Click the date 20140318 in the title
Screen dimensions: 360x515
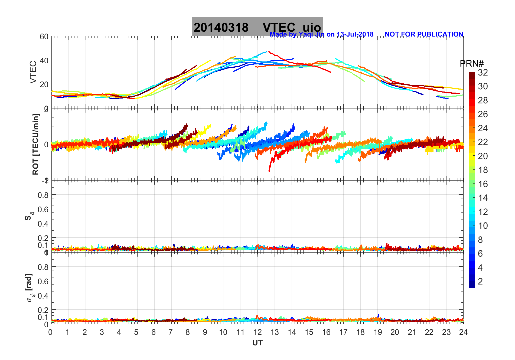221,27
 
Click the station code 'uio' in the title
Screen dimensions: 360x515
312,27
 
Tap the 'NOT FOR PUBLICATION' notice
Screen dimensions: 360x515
424,34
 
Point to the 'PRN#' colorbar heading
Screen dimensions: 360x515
472,64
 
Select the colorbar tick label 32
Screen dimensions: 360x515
483,72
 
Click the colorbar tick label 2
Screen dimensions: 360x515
480,282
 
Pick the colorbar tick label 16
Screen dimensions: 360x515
483,184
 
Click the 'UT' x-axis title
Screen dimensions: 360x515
257,343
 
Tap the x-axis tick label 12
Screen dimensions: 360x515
257,332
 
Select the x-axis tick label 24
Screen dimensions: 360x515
463,332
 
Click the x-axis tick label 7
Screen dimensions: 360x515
171,332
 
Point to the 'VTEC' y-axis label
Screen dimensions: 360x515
33,72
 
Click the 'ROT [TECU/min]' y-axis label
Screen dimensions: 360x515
35,144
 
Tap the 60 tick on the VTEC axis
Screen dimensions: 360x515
44,37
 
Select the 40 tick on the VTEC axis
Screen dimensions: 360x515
44,60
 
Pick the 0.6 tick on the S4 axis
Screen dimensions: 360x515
43,209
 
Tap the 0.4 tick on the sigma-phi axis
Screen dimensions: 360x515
43,296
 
